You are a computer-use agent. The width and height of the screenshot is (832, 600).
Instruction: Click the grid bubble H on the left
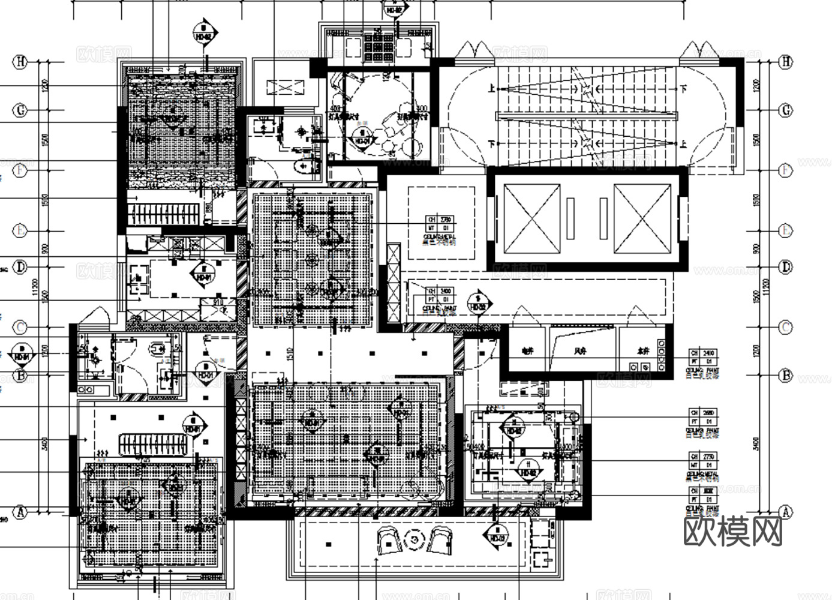pos(21,61)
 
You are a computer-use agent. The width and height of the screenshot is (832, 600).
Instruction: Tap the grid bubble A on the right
pos(785,512)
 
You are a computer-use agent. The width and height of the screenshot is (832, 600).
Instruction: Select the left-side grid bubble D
pos(21,266)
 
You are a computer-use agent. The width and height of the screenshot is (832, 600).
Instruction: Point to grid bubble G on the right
pos(785,110)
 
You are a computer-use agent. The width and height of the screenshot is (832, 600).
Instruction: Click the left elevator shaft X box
pos(531,218)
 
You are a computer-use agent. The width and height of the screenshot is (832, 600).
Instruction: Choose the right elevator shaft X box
pos(642,218)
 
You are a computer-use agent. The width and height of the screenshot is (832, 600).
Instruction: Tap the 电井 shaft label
pos(527,351)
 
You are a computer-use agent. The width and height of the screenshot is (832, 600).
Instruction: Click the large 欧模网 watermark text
pos(734,530)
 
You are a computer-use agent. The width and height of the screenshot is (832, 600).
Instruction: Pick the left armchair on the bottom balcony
pos(390,540)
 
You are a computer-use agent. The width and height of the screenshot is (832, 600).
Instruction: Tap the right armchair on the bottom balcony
pos(441,540)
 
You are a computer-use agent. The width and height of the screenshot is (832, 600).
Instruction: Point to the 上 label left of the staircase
pos(492,89)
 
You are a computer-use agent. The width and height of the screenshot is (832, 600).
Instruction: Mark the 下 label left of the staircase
pos(492,144)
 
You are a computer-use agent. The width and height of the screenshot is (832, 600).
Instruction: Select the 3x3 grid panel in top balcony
pos(379,45)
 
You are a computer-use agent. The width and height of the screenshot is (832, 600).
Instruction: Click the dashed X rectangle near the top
pos(285,89)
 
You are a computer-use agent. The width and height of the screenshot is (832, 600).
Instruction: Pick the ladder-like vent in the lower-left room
pos(153,444)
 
